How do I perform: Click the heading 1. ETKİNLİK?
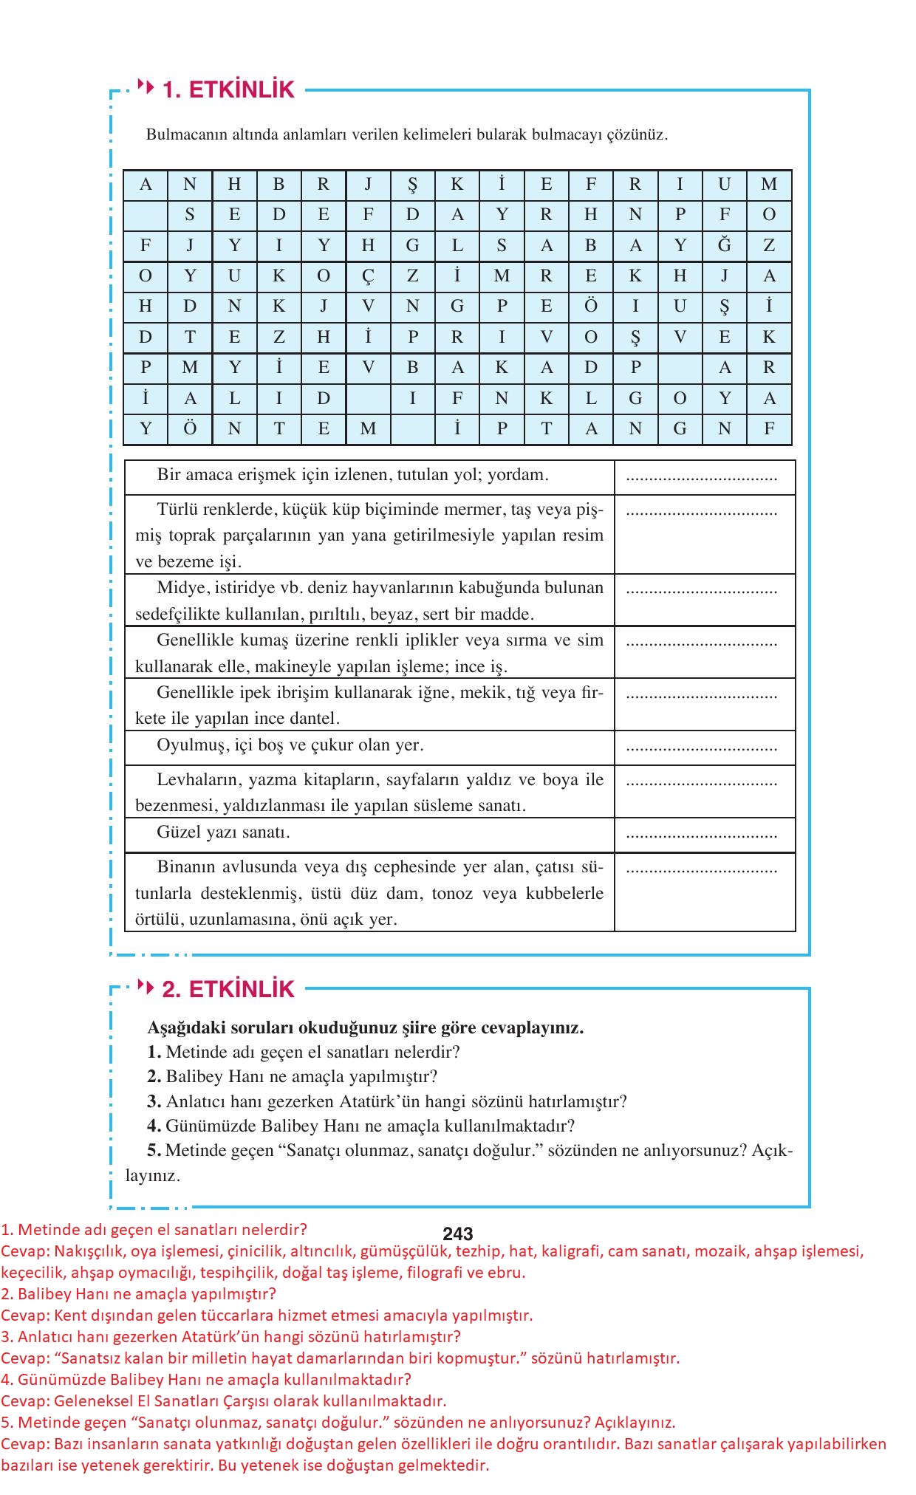coord(228,90)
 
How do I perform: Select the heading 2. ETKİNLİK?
coord(228,989)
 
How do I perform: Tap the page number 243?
coord(458,1234)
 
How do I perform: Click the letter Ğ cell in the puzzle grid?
coord(724,245)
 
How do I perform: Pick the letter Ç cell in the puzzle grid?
coord(368,276)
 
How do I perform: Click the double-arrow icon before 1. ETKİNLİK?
coord(146,88)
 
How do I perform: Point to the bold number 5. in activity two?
coord(154,1150)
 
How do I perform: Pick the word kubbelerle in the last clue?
coord(564,894)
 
